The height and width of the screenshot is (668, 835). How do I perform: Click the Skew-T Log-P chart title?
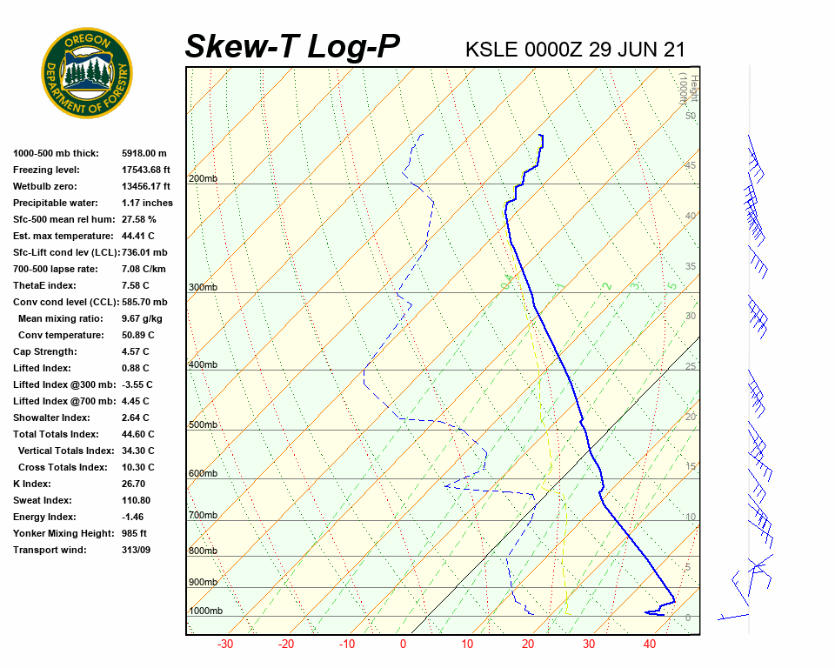(292, 46)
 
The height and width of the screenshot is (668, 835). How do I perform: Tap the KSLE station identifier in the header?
(491, 49)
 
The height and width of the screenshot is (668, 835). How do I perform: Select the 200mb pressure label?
(203, 179)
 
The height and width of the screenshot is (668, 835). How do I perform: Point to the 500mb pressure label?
(203, 425)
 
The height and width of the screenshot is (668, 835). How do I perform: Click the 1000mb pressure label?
(205, 611)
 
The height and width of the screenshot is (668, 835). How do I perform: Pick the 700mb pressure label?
(203, 516)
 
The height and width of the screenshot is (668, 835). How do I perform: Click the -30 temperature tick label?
(225, 645)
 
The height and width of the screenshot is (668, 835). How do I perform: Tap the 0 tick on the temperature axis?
(403, 645)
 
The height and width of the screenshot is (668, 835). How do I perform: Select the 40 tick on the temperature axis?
(649, 645)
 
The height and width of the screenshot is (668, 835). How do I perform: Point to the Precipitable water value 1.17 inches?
(147, 203)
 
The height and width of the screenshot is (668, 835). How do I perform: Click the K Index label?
(32, 484)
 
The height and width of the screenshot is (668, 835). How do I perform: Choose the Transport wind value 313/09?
(136, 550)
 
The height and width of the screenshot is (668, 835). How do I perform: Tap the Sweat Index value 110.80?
(136, 500)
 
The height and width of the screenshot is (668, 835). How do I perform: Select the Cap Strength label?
(44, 351)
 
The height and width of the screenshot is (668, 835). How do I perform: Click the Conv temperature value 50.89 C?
(137, 335)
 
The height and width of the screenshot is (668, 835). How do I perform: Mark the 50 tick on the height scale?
(690, 116)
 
